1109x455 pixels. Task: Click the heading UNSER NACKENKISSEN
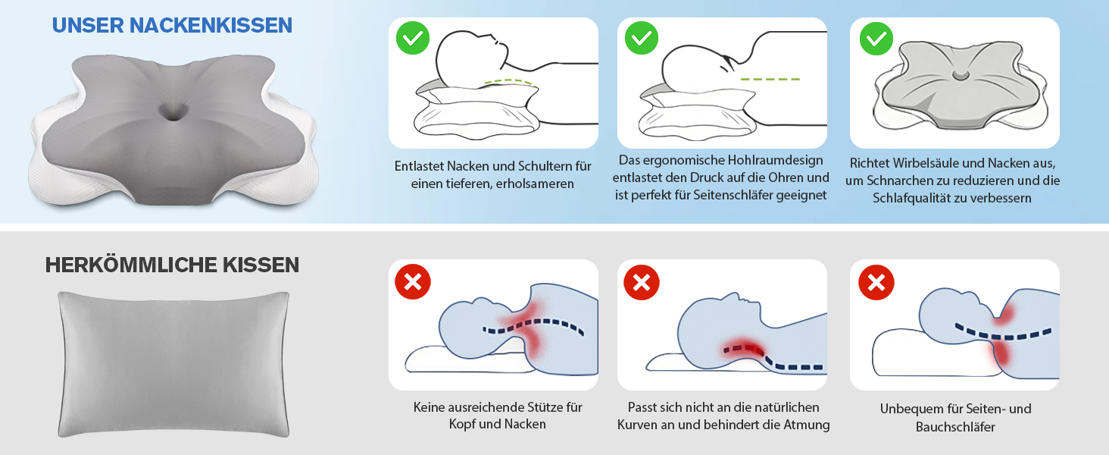[172, 25]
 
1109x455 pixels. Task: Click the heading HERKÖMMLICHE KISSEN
[172, 265]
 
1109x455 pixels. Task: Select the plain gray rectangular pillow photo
[173, 364]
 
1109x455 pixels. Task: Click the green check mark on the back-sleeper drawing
[413, 38]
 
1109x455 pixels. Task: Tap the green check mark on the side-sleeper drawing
[642, 38]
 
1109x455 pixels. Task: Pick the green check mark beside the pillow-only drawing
[876, 38]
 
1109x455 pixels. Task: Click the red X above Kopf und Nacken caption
[413, 282]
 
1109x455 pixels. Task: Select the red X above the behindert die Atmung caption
[642, 282]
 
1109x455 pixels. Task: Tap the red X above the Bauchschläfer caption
[876, 282]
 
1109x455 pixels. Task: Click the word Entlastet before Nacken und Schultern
[419, 165]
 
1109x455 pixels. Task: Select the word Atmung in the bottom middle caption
[808, 425]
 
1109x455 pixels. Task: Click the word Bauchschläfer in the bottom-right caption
[955, 427]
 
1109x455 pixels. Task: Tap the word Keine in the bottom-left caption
[430, 407]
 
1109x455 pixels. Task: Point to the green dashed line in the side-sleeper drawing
[770, 79]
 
